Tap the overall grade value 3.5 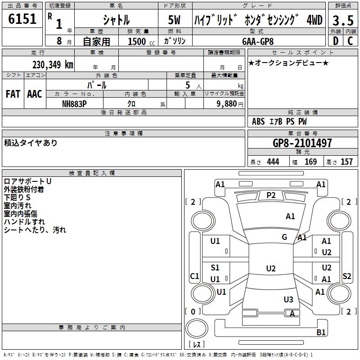[x=342, y=20]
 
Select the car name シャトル [x=116, y=20]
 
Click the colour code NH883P [x=74, y=103]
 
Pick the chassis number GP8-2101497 [x=302, y=143]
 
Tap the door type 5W [x=175, y=20]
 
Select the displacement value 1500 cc [x=140, y=41]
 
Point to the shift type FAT [x=13, y=94]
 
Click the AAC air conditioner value [x=35, y=94]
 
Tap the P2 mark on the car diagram [x=271, y=195]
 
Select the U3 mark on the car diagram [x=288, y=300]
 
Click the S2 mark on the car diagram [x=346, y=276]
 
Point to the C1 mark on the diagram [x=195, y=276]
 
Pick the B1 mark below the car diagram [x=321, y=333]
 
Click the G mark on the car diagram [x=284, y=237]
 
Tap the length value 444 [x=273, y=162]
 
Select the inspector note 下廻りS [x=17, y=198]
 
